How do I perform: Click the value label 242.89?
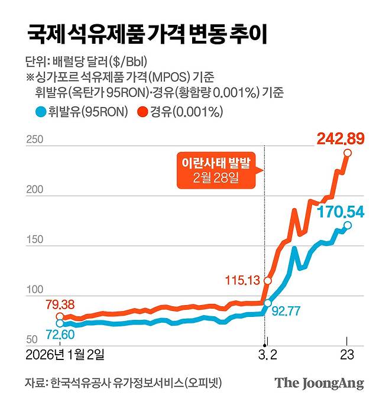click(341, 139)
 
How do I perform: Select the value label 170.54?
click(341, 210)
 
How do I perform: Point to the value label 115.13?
click(243, 280)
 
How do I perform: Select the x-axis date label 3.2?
click(267, 355)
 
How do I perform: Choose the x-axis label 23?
click(347, 355)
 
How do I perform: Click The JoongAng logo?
click(319, 383)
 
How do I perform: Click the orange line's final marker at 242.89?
click(348, 153)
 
